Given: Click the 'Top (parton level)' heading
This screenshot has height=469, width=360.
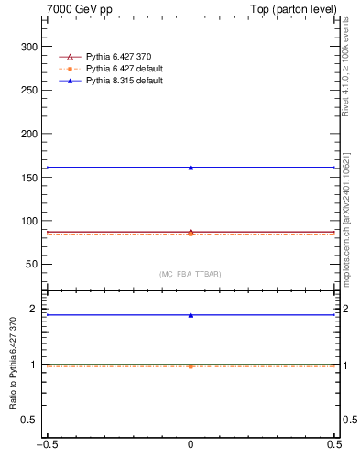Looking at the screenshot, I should point(299,9).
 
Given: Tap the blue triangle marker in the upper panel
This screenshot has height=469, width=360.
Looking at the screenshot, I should point(191,167).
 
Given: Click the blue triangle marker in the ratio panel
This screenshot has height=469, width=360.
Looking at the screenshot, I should point(191,315).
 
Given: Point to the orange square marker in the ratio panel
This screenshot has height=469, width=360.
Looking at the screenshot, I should point(191,366).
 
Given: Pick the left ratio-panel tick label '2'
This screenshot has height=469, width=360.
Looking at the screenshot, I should point(36,309).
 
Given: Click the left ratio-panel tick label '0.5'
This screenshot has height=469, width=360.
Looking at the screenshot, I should point(32,420).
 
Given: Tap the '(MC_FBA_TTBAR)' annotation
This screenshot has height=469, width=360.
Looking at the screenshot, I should point(191,274).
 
